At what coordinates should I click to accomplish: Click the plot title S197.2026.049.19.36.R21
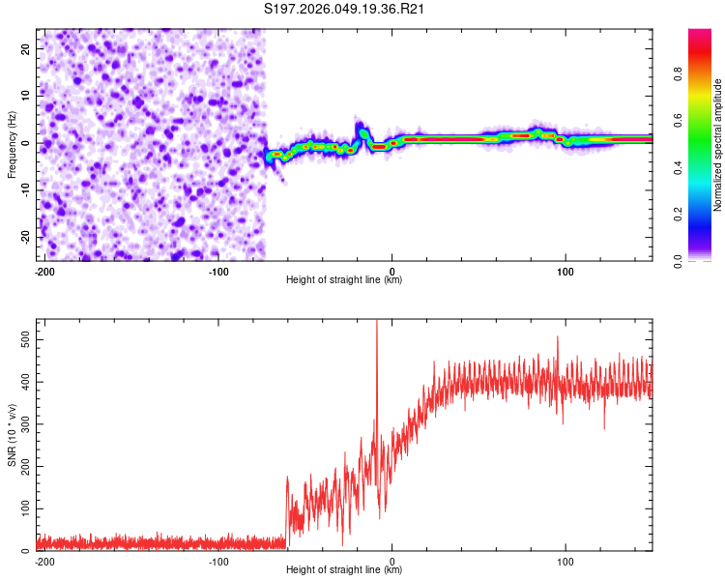click(345, 10)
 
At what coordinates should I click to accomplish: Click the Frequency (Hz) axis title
click(12, 143)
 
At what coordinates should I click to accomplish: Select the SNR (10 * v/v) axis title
click(12, 434)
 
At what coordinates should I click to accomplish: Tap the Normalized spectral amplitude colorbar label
click(717, 145)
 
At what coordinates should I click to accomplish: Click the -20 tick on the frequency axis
click(24, 237)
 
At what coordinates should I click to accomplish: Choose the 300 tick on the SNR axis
click(23, 424)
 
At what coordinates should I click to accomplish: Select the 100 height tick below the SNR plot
click(565, 561)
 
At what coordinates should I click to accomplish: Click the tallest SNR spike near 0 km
click(377, 323)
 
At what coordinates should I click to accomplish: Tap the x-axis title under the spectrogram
click(344, 280)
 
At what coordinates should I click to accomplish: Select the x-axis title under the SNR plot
click(344, 570)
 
